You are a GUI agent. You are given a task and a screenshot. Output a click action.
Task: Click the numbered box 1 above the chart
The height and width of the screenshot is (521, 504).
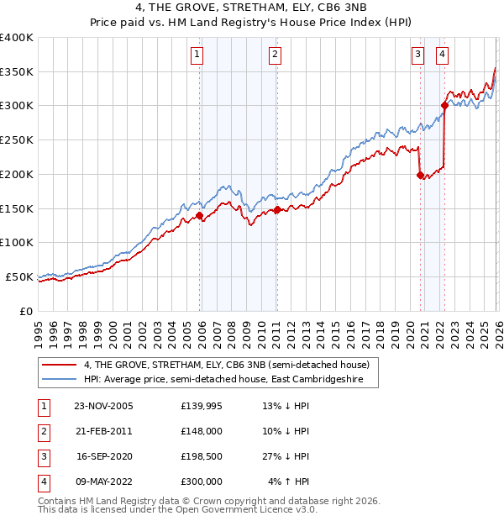coord(197,55)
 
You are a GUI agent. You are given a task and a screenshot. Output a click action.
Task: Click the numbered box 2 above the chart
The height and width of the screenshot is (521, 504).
coord(275,55)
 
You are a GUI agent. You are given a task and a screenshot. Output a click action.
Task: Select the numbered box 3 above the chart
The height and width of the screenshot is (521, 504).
coord(417,55)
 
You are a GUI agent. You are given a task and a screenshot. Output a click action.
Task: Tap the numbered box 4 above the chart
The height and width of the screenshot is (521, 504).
coord(442,55)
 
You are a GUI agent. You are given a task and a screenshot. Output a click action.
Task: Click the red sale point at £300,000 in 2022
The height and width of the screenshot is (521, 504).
coord(444,105)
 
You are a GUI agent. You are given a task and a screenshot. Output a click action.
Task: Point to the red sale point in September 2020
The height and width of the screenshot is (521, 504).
coord(420,175)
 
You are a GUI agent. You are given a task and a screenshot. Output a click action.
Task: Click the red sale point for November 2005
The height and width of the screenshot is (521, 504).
coord(200,215)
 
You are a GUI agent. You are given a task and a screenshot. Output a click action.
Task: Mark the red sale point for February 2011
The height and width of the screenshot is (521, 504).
coord(277,209)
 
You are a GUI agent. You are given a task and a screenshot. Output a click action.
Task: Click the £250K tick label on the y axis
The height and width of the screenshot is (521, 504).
coord(17,140)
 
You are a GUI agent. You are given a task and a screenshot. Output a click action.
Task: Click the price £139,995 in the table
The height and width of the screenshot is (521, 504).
coord(202,406)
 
